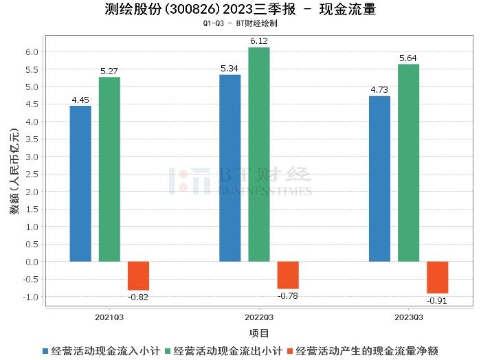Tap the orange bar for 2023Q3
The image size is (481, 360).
pyautogui.click(x=437, y=277)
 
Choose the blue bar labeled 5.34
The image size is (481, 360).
pyautogui.click(x=230, y=168)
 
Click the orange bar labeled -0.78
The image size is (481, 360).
pyautogui.click(x=288, y=275)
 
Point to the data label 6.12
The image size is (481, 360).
pyautogui.click(x=259, y=42)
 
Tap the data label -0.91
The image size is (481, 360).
pyautogui.click(x=437, y=300)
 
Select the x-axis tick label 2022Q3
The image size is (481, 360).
pyautogui.click(x=259, y=317)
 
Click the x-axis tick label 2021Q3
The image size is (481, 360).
pyautogui.click(x=110, y=317)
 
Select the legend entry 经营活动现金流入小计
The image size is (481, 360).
pyautogui.click(x=103, y=350)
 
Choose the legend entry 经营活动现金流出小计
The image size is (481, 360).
pyautogui.click(x=223, y=350)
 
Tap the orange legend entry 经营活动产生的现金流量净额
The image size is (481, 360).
pyautogui.click(x=367, y=350)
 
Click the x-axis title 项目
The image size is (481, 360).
pyautogui.click(x=259, y=333)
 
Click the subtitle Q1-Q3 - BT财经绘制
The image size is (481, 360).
pyautogui.click(x=240, y=23)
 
